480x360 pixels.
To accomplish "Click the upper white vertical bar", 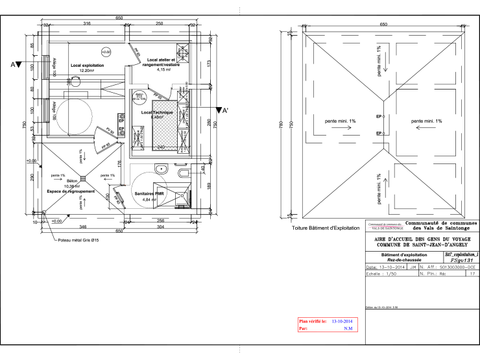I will (x=47, y=67).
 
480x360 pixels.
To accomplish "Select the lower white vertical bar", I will (x=47, y=110).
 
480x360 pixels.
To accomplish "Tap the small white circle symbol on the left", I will (x=44, y=212).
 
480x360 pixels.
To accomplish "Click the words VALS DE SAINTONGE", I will (x=387, y=228).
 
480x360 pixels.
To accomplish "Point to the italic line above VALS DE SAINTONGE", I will (x=386, y=224).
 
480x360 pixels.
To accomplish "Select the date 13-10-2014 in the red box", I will (x=342, y=321).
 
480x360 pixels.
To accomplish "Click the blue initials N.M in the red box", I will (x=348, y=329).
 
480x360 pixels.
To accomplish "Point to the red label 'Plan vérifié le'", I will (x=313, y=321).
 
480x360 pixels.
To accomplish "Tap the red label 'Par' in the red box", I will (x=303, y=329).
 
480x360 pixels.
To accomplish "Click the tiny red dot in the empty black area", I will (x=125, y=185).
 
